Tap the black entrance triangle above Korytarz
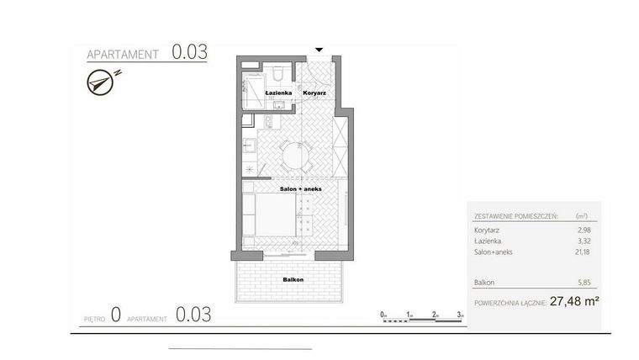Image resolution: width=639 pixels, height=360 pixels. [x=318, y=50]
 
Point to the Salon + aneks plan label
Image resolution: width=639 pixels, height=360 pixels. [x=292, y=189]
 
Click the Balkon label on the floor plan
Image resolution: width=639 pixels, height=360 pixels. [x=293, y=279]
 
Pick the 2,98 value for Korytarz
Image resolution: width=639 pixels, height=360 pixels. [x=584, y=228]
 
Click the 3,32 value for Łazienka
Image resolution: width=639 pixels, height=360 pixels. [x=584, y=241]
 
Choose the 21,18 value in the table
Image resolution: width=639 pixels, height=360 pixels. [x=583, y=252]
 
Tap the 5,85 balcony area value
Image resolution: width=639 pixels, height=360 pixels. [x=584, y=282]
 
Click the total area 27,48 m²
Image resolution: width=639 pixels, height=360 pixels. [x=573, y=300]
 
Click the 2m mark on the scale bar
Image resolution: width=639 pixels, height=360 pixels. [x=435, y=315]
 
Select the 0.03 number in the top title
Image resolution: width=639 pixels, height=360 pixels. [x=189, y=52]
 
